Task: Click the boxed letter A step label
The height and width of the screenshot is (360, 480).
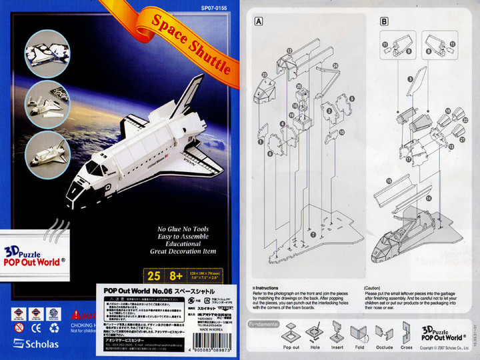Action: (x=258, y=21)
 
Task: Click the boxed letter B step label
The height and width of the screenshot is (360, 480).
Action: (x=384, y=21)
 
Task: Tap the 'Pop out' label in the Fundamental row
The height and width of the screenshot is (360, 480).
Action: (x=291, y=347)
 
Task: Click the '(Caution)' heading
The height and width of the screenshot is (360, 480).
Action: (x=373, y=289)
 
